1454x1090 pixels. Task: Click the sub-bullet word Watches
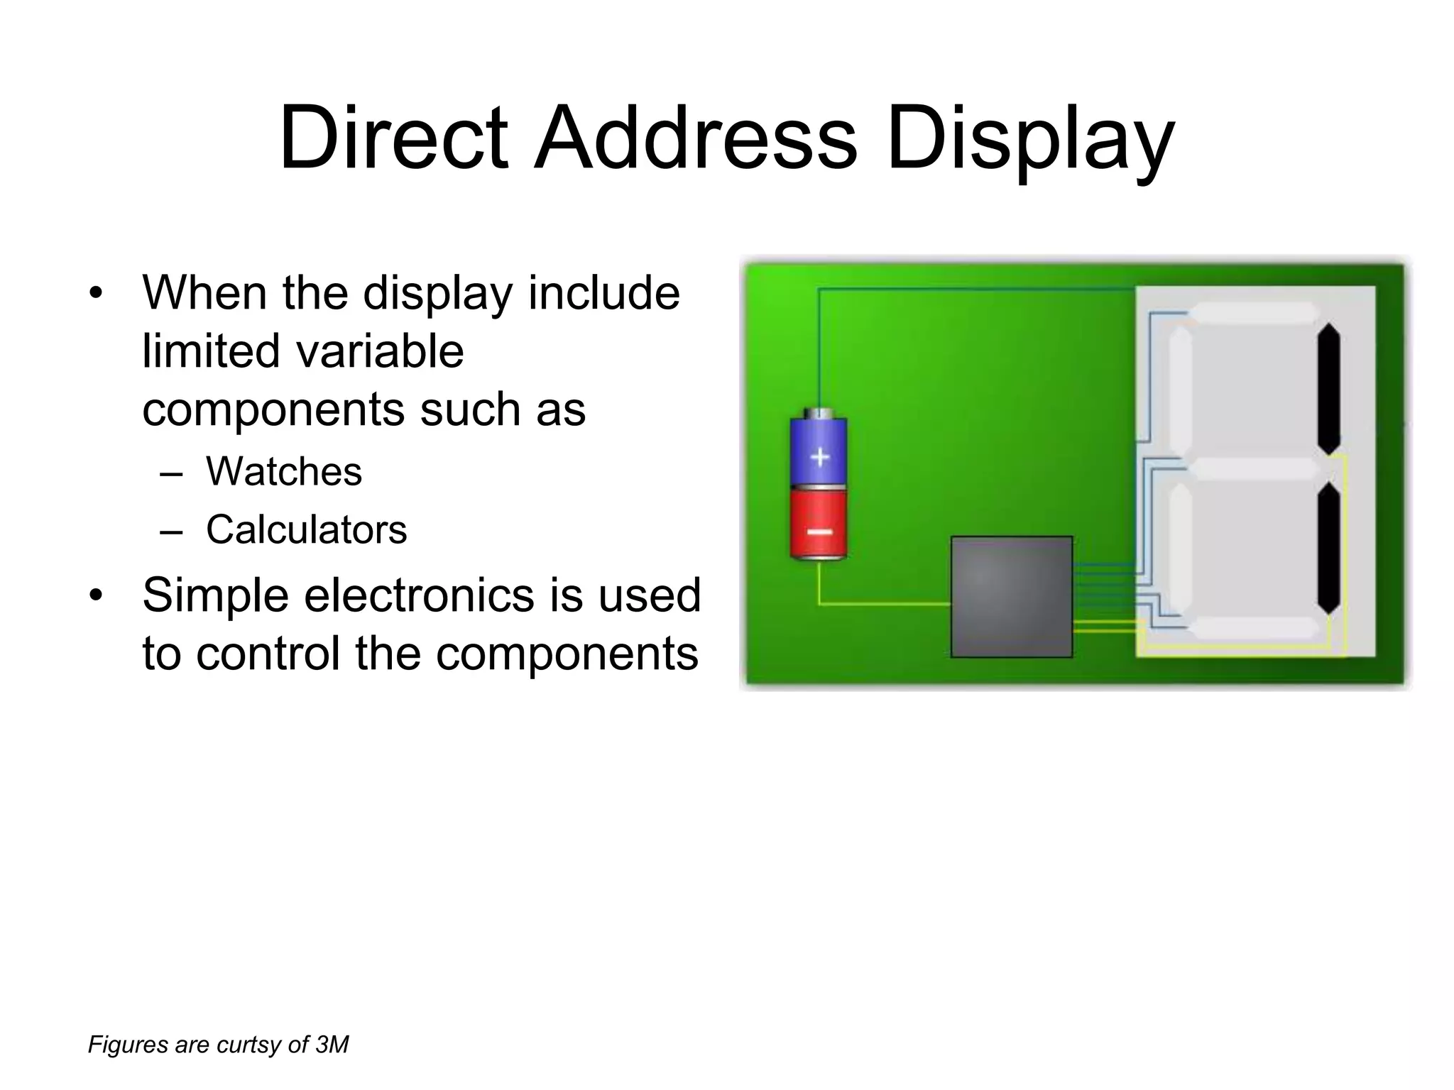click(x=284, y=471)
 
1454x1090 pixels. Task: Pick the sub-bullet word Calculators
click(x=307, y=529)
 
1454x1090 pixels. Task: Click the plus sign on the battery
click(x=820, y=457)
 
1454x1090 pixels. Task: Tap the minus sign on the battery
click(x=819, y=532)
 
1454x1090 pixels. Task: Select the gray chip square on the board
click(x=1011, y=596)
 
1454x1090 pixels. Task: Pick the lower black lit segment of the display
click(x=1328, y=547)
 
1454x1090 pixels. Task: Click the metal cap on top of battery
click(x=819, y=412)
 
